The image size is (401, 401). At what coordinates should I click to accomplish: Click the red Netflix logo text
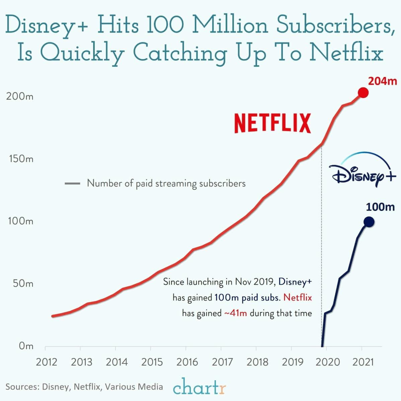coord(272,123)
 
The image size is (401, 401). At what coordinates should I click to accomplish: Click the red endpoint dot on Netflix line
coord(363,93)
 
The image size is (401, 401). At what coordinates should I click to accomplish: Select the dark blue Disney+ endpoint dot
coord(369,222)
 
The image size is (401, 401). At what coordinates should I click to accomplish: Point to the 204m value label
coord(382,81)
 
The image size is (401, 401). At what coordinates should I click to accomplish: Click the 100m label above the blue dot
coord(380,207)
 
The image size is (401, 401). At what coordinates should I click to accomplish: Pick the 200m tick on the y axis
coord(19,96)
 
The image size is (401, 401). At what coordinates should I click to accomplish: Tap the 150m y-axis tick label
coord(19,159)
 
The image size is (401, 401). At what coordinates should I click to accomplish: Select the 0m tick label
coord(26,346)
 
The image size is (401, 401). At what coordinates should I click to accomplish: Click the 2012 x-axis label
coord(46,362)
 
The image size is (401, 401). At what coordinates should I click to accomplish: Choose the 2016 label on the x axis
coord(187,362)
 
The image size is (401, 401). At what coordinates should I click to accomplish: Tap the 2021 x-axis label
coord(363,362)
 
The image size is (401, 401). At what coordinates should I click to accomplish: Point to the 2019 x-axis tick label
coord(292,362)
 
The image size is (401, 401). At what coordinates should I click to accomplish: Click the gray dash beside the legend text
coord(72,183)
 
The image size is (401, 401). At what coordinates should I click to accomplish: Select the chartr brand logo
coord(199,387)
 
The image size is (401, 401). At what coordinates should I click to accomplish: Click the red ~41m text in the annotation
coord(235,313)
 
